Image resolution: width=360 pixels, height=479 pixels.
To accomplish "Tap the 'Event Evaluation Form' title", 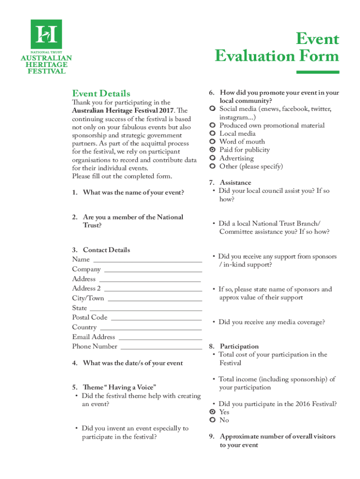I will pyautogui.click(x=277, y=48).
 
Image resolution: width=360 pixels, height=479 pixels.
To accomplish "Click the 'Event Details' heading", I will pyautogui.click(x=101, y=94).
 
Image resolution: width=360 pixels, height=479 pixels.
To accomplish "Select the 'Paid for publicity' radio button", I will pyautogui.click(x=212, y=150).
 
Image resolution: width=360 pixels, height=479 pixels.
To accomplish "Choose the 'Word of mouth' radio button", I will pyautogui.click(x=212, y=142).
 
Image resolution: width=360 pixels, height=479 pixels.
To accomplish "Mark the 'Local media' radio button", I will pyautogui.click(x=212, y=134).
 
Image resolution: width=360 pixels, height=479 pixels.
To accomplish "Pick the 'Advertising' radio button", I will pyautogui.click(x=212, y=159).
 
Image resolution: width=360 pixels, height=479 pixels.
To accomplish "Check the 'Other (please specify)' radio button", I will pyautogui.click(x=212, y=167).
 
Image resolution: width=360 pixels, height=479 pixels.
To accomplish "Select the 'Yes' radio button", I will pyautogui.click(x=212, y=412).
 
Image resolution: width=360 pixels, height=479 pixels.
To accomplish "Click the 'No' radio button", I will pyautogui.click(x=212, y=421).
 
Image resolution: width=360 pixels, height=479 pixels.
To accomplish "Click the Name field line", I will pyautogui.click(x=148, y=261).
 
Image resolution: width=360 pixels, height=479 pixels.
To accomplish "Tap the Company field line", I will pyautogui.click(x=153, y=271).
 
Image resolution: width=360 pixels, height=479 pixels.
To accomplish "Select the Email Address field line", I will pyautogui.click(x=160, y=339).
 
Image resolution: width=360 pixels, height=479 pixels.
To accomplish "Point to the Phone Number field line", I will pyautogui.click(x=161, y=348).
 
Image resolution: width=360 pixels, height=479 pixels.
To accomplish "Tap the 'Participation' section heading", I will pyautogui.click(x=239, y=347).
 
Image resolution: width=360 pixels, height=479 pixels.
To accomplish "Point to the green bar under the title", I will pyautogui.click(x=318, y=72).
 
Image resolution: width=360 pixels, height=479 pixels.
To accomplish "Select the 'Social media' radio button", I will pyautogui.click(x=212, y=109).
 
